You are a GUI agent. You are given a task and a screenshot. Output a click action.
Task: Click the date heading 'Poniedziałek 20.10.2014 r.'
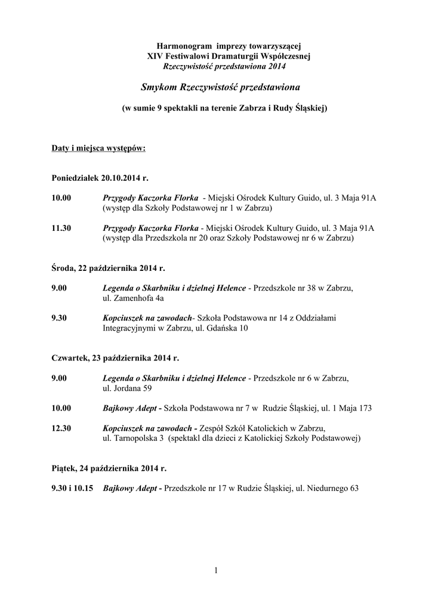[100, 178]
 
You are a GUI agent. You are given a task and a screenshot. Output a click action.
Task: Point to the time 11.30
[62, 229]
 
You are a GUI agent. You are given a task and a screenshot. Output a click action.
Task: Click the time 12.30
[62, 428]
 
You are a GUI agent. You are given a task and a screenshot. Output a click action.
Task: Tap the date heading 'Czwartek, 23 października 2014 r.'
[115, 359]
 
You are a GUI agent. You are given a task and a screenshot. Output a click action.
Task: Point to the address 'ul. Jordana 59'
[127, 388]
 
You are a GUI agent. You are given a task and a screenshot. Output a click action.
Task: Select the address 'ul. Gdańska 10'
[220, 328]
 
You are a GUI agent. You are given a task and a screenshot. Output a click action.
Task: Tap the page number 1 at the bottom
[216, 572]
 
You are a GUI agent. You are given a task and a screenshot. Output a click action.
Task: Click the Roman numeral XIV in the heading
[155, 55]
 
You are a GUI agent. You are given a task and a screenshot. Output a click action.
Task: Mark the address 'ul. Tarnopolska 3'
[133, 439]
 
